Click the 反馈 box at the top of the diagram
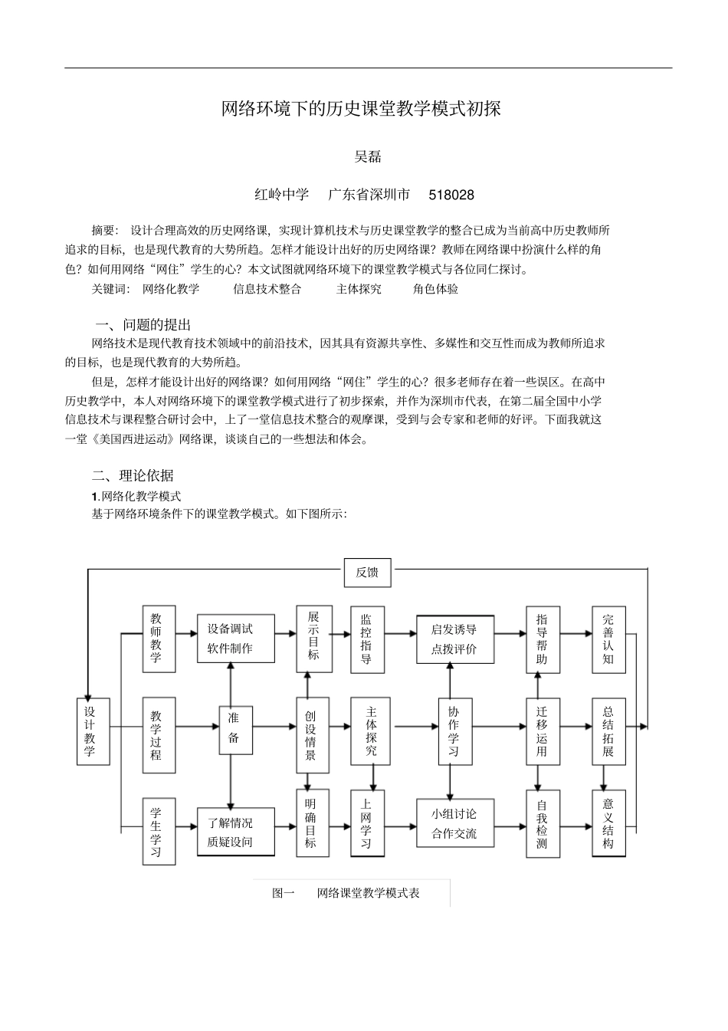coord(367,573)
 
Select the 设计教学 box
coord(93,731)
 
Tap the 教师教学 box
coord(159,639)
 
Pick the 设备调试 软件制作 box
coord(230,639)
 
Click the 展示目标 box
coord(314,639)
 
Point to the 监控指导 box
coord(367,639)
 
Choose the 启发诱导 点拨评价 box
coord(455,639)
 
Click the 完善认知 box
coord(608,639)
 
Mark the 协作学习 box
coord(454,731)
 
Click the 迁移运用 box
coord(543,731)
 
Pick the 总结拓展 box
coord(608,731)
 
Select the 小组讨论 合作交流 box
coord(455,823)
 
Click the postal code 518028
coord(451,195)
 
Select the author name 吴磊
coord(368,157)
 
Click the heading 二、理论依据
coord(133,476)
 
